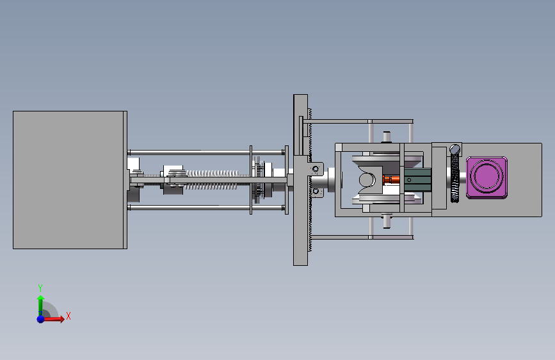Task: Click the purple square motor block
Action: click(x=487, y=177)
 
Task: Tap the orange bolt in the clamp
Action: click(x=391, y=179)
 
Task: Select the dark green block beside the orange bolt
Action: click(x=417, y=180)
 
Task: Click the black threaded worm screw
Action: click(x=455, y=177)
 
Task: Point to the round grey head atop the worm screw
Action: click(x=455, y=149)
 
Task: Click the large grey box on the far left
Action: click(x=70, y=180)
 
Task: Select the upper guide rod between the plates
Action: click(x=207, y=152)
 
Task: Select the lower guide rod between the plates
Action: click(x=207, y=208)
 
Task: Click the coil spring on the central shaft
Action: click(x=213, y=179)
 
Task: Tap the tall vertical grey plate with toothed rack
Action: click(x=300, y=180)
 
